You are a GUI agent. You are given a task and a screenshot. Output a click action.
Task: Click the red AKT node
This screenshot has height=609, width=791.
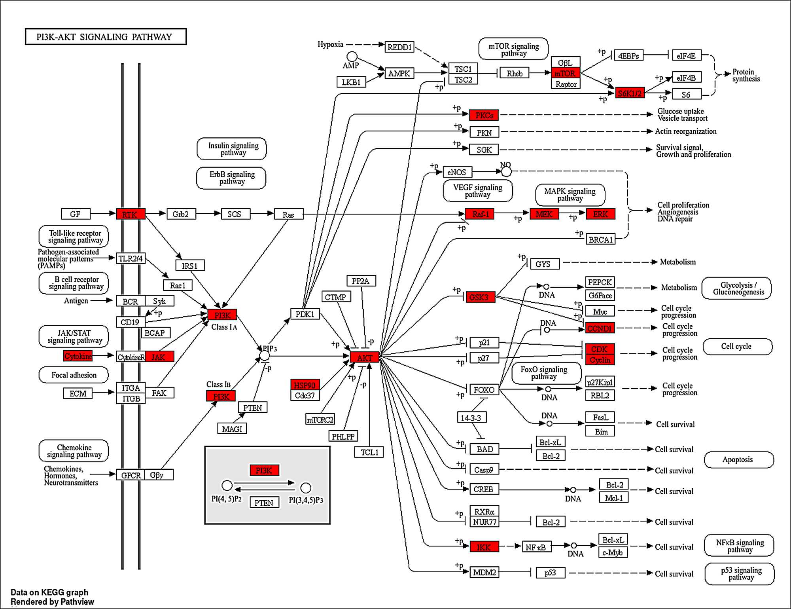pos(364,357)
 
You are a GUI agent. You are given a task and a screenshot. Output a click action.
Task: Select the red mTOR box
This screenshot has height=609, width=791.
pos(565,73)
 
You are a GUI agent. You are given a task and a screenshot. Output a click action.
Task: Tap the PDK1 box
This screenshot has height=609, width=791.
pos(305,314)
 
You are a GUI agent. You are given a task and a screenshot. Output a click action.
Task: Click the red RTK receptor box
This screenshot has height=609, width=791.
pos(131,214)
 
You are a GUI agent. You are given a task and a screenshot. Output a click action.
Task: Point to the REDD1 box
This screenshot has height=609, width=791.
pos(399,47)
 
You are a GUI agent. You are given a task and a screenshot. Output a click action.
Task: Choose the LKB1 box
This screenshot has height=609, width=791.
pos(351,82)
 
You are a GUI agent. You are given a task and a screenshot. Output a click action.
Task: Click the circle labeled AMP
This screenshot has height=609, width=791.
pos(352,57)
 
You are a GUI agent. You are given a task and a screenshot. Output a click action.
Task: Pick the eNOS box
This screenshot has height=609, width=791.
pos(457,172)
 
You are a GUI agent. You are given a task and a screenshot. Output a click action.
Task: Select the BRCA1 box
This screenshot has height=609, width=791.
pos(600,239)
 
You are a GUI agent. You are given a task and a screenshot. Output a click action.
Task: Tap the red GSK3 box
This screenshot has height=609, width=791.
pos(479,297)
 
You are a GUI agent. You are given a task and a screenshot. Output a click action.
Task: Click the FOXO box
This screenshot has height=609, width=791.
pos(484,390)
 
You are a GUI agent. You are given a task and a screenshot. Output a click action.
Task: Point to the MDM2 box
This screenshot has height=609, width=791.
pos(484,572)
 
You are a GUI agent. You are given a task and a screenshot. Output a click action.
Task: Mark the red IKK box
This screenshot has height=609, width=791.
pos(484,547)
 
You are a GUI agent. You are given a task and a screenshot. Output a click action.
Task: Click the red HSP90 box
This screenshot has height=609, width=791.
pos(305,385)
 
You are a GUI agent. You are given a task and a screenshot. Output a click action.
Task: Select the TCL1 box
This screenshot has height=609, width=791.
pos(369,452)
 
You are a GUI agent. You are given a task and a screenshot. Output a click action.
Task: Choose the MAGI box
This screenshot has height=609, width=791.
pos(232,429)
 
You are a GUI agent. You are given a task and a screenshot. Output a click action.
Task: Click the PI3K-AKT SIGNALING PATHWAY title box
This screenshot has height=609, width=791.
pos(106,37)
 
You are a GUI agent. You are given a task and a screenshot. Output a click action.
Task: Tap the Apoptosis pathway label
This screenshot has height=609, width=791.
pos(738,460)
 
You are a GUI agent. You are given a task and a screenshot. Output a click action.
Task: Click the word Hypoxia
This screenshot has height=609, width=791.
pos(330,44)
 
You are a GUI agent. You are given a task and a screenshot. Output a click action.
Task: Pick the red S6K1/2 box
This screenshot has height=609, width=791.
pos(630,93)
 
